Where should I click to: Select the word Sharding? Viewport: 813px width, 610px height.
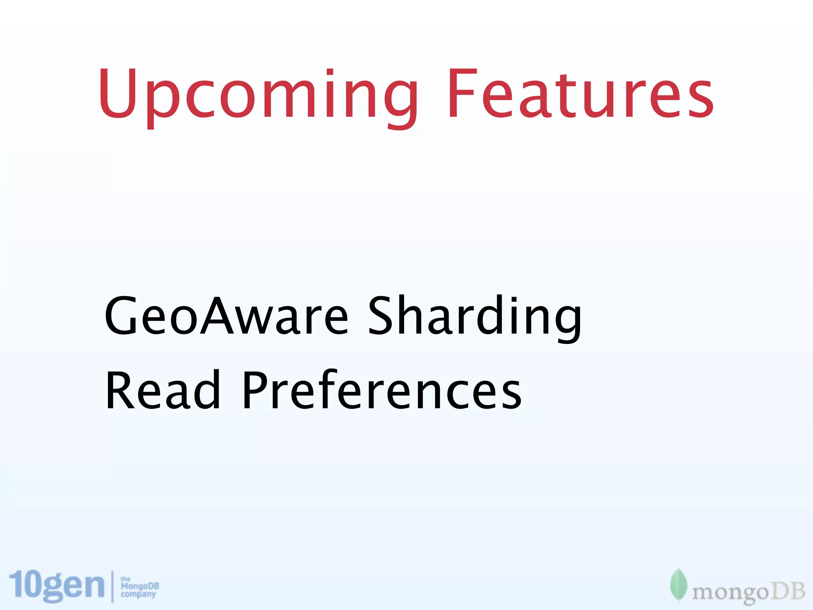tap(474, 318)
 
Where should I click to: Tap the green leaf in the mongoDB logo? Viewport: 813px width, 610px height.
tap(678, 585)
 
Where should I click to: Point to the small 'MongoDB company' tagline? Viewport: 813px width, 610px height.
tap(139, 587)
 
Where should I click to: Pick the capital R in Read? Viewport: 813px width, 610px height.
tap(121, 390)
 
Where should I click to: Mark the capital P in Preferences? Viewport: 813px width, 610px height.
tap(256, 390)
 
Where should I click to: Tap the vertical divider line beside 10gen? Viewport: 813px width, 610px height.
tap(112, 587)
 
